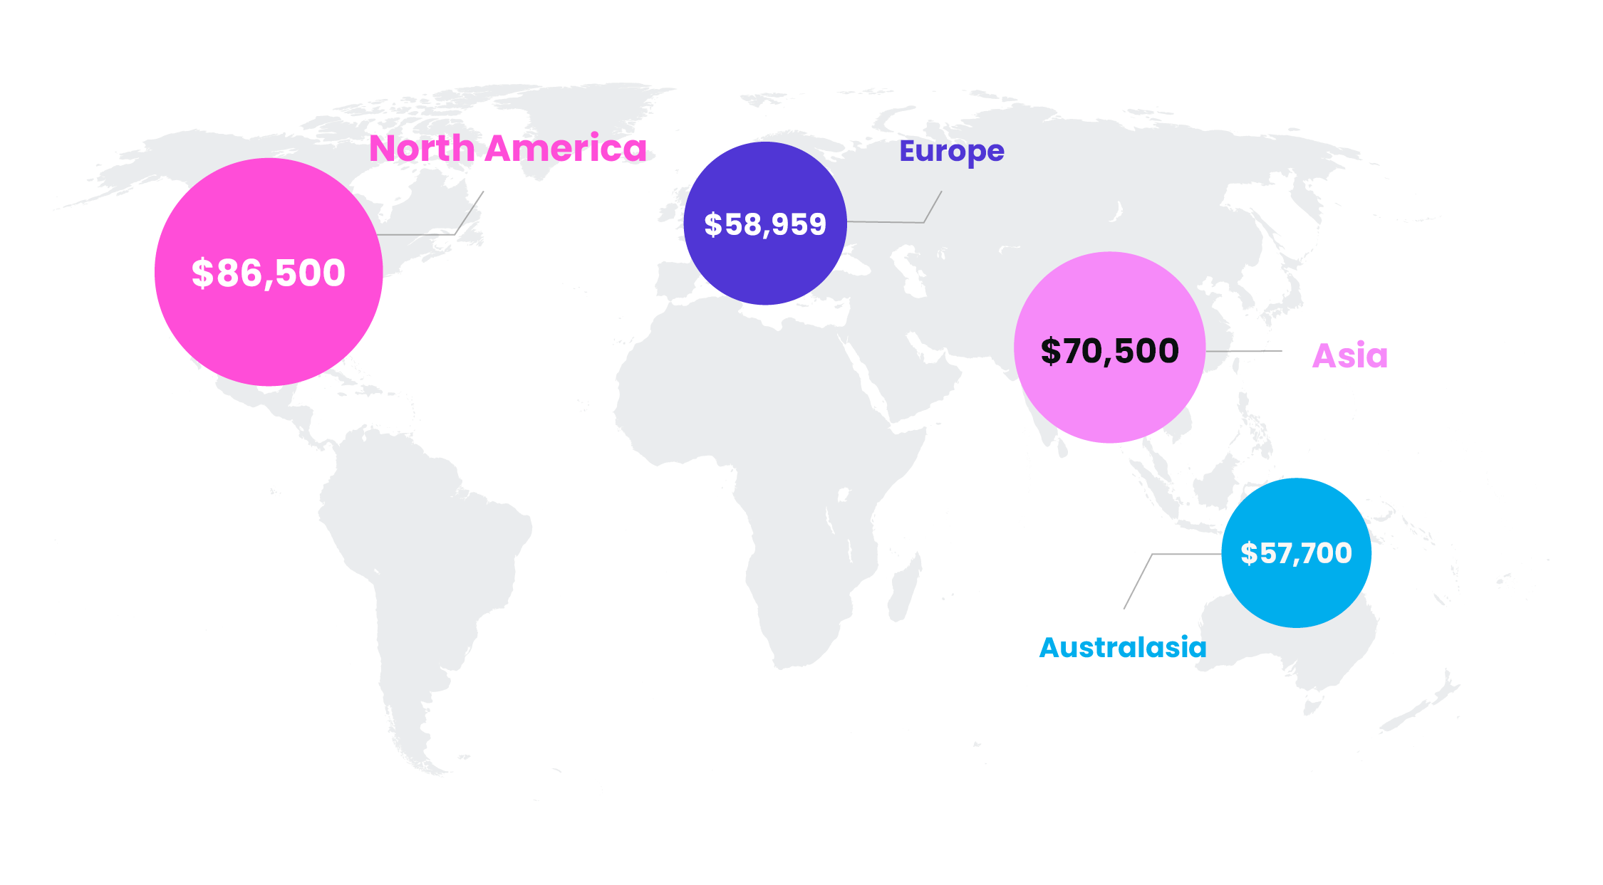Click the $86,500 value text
[269, 273]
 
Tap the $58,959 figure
[765, 224]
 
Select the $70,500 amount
[1110, 351]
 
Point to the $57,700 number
[1296, 553]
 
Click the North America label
[507, 149]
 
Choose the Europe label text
[951, 151]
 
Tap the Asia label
[1350, 355]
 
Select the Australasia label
[1122, 647]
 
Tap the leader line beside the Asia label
[1243, 351]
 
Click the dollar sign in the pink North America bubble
[202, 273]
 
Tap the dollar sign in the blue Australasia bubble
[1249, 553]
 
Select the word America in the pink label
[566, 149]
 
